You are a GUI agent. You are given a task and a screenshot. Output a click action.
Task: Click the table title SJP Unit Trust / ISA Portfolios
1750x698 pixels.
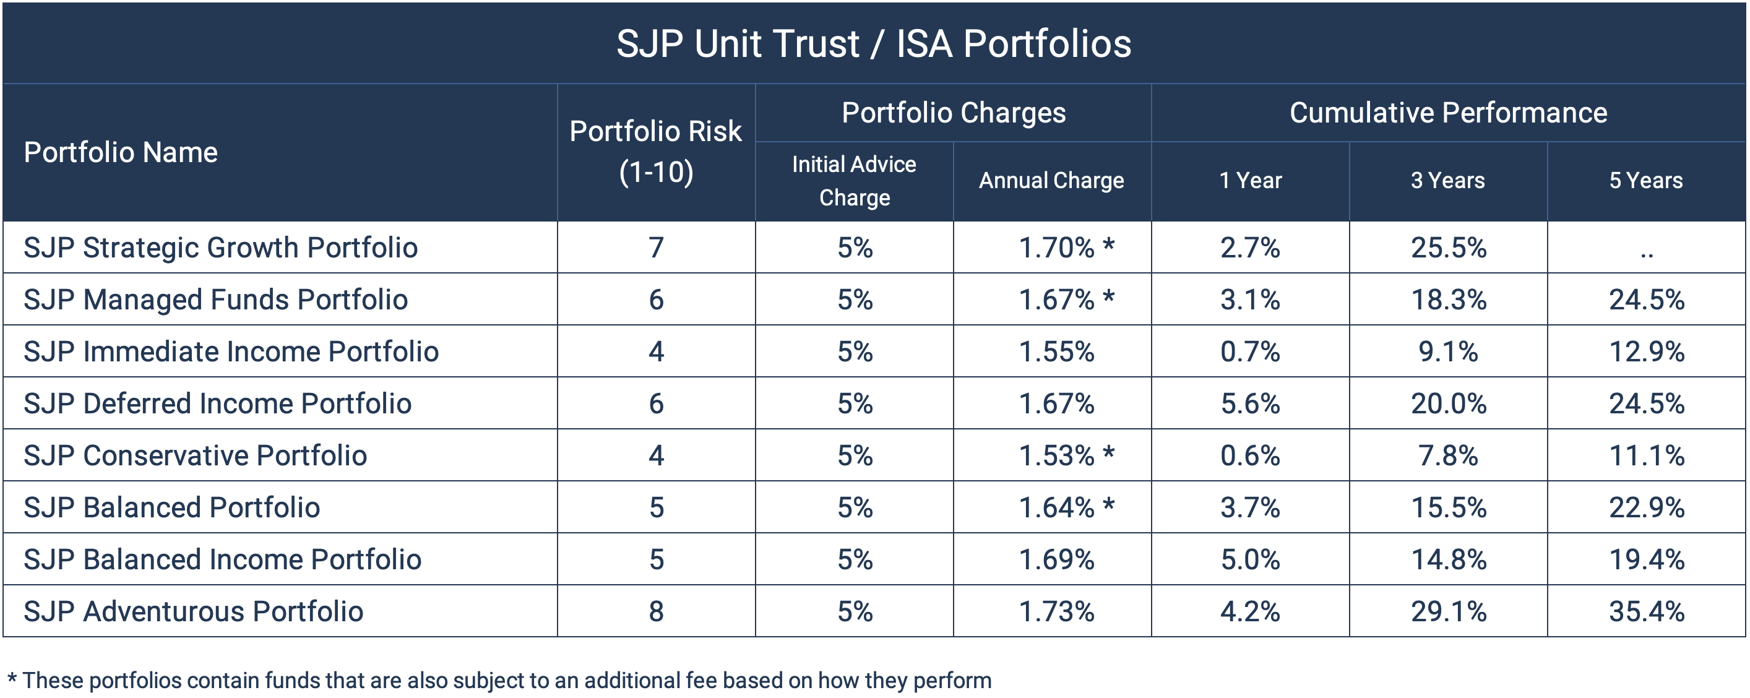click(x=874, y=43)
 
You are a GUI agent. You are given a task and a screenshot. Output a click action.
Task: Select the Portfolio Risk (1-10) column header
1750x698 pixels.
click(x=655, y=152)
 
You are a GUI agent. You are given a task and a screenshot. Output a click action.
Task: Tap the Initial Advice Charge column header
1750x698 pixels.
click(x=854, y=181)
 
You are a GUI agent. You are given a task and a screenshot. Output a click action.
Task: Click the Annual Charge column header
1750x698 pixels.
click(x=1051, y=181)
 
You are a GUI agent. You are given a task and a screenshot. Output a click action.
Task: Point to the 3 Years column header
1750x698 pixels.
click(x=1447, y=181)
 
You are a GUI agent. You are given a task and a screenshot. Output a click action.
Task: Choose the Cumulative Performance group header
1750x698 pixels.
click(x=1447, y=113)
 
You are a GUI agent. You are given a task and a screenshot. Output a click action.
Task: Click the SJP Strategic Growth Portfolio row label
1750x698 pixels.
click(x=221, y=248)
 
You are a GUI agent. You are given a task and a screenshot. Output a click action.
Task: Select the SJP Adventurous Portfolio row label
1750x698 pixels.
click(x=194, y=611)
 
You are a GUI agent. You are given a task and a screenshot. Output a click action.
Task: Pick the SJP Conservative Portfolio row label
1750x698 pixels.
click(x=196, y=455)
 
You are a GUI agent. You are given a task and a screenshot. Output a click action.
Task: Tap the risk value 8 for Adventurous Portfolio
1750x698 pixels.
click(x=655, y=611)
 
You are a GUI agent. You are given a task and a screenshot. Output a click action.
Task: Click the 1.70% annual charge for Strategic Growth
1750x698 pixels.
click(x=1056, y=248)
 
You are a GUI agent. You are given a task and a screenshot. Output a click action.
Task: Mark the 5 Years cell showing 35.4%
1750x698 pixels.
click(x=1646, y=611)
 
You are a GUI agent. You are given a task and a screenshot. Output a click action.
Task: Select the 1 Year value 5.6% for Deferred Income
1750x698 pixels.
click(x=1250, y=403)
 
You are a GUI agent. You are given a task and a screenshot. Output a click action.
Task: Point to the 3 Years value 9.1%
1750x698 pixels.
click(x=1447, y=351)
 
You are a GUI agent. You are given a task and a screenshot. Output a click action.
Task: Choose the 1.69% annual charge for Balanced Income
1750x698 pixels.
click(x=1056, y=559)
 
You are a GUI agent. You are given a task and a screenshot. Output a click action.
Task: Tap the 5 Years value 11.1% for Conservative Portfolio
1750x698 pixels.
click(x=1646, y=455)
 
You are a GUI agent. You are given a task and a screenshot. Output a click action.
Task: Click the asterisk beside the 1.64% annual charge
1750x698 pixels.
click(x=1109, y=504)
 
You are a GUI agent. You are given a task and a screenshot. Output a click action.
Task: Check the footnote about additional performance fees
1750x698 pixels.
click(x=499, y=680)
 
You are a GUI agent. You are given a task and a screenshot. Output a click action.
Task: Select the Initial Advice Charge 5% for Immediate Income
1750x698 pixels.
click(x=854, y=351)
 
